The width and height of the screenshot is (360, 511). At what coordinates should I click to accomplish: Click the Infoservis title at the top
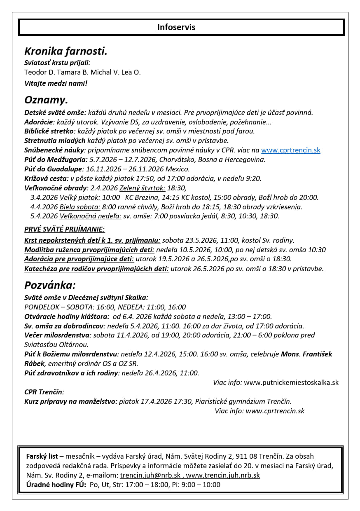point(176,28)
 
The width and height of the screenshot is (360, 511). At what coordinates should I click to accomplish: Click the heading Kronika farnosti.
point(65,52)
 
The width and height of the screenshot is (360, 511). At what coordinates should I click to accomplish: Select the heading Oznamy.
point(46,100)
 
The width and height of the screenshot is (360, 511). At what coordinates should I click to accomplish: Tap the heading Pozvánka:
point(50,286)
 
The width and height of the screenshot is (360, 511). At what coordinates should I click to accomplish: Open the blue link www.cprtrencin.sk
point(290,150)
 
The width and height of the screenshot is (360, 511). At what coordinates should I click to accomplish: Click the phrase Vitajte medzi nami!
point(56,83)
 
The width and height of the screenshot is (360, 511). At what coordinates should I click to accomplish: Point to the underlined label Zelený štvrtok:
point(142,188)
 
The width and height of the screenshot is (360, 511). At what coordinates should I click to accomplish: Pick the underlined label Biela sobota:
point(80,207)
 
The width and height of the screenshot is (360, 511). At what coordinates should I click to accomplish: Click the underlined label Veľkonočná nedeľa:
point(91,216)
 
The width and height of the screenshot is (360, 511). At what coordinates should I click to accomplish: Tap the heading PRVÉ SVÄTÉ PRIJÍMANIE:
point(64,230)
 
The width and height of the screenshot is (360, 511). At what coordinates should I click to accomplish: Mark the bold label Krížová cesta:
point(47,179)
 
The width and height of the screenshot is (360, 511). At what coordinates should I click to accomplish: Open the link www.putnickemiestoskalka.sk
point(291,383)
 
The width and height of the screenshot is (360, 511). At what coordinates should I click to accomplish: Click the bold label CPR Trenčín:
point(44,392)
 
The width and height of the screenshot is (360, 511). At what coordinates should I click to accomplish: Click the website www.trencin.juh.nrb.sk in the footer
point(223,476)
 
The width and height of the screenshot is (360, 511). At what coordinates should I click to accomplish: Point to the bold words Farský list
point(42,457)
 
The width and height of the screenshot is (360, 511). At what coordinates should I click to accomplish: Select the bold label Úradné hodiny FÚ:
point(56,485)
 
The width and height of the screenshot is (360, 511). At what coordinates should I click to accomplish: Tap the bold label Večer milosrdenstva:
point(58,335)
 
